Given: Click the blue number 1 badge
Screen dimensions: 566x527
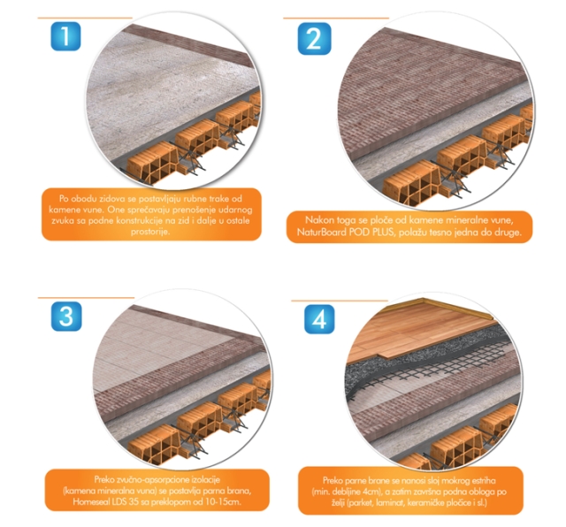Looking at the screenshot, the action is pyautogui.click(x=65, y=36).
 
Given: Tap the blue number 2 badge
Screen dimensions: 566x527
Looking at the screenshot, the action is pyautogui.click(x=314, y=39).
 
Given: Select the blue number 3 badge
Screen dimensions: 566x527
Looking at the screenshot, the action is pyautogui.click(x=66, y=317).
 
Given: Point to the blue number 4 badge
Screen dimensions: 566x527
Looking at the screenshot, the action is pyautogui.click(x=319, y=319).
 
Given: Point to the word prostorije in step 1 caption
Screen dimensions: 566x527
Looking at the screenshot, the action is pyautogui.click(x=150, y=232).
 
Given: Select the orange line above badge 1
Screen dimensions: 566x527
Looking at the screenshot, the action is pyautogui.click(x=85, y=18).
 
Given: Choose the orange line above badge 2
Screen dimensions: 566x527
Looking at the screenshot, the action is pyautogui.click(x=336, y=18).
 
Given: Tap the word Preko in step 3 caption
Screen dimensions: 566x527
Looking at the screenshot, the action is pyautogui.click(x=104, y=479).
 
